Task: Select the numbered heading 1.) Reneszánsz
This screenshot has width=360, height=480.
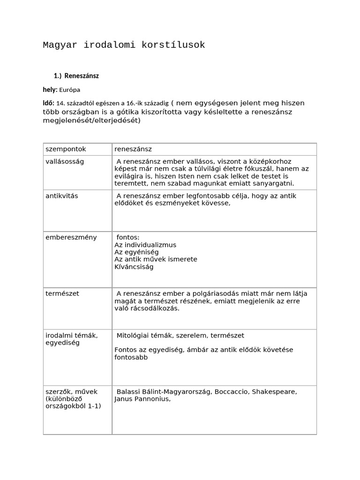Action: click(x=76, y=75)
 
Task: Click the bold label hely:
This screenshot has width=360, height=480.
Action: click(x=50, y=90)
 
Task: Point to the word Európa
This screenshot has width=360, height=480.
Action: click(x=69, y=90)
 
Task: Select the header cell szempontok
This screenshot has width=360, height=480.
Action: click(x=66, y=149)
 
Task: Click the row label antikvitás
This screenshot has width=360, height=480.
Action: click(x=62, y=196)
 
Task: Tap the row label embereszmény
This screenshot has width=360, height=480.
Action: click(x=71, y=237)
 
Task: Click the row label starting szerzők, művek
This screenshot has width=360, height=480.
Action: click(x=73, y=398)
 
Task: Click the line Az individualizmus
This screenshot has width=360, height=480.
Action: click(x=145, y=245)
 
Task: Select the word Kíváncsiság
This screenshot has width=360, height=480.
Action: click(x=134, y=267)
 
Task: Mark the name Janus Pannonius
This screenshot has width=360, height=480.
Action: click(x=142, y=399)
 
